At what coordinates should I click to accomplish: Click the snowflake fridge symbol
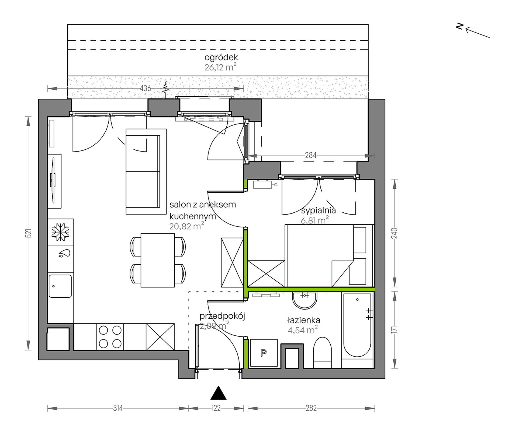click(x=61, y=232)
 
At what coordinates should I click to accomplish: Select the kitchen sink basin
click(x=60, y=286)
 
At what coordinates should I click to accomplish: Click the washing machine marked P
click(x=264, y=353)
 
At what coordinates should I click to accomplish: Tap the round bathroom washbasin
click(x=305, y=300)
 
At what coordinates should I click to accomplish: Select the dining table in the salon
click(x=158, y=260)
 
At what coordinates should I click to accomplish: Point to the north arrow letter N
click(x=459, y=26)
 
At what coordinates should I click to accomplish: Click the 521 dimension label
click(x=29, y=233)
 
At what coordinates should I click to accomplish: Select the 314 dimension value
click(x=118, y=408)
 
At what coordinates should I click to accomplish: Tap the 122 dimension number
click(x=216, y=408)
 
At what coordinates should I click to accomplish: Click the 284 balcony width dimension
click(x=311, y=155)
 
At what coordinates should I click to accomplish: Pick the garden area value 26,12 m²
click(x=220, y=67)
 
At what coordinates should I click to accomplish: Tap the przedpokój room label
click(x=222, y=316)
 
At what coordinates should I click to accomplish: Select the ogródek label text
click(x=221, y=57)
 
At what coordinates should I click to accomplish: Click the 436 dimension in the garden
click(x=146, y=88)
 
